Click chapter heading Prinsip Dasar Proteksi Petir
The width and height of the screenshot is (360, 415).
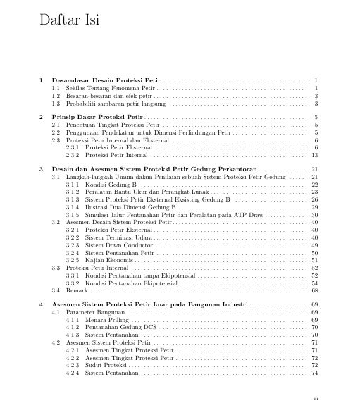pos(97,116)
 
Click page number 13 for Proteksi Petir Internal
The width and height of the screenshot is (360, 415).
pos(315,154)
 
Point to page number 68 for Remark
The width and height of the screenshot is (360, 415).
pos(315,290)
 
